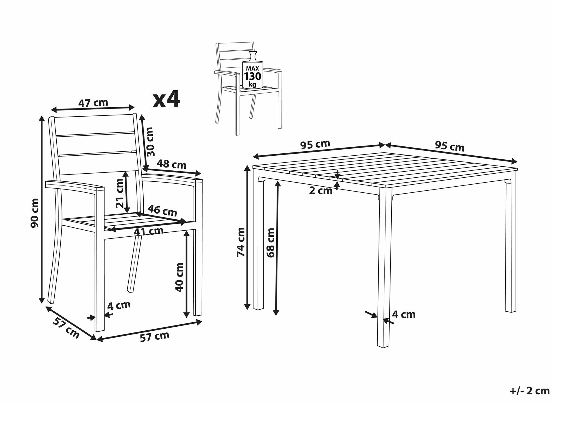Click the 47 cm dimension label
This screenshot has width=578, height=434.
coord(93,103)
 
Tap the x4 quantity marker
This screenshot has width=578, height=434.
coord(167,99)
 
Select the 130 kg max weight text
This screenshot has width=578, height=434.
coord(253,76)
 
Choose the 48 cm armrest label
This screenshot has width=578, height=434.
coord(172,164)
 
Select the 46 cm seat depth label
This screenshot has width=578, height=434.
coord(162,211)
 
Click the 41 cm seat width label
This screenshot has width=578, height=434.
coord(149,231)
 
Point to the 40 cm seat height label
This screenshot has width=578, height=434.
coord(179,277)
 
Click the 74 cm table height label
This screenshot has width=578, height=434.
coord(241,242)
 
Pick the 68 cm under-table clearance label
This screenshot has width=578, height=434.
coord(271,242)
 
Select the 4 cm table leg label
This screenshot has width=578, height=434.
coord(404,314)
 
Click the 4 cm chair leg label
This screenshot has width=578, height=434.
coord(119,305)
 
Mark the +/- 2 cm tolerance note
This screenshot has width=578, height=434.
coord(529,391)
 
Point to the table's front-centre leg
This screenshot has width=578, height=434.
coord(384,267)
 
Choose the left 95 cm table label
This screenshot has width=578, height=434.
coord(315,145)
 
